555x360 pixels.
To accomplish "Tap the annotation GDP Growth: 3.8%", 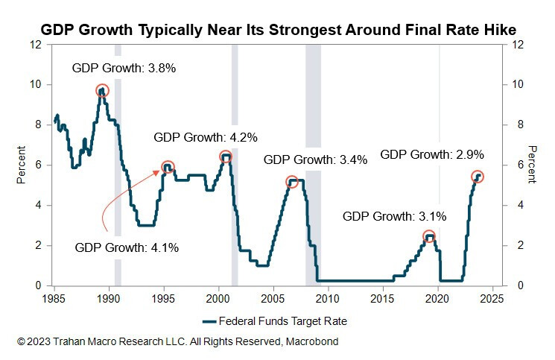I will pos(123,68).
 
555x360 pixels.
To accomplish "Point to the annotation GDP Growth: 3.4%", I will pos(315,160).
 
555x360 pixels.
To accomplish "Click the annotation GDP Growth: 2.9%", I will pos(432,155).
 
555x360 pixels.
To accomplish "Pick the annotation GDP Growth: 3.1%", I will pos(394,216).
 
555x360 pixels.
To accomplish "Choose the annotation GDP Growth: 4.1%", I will pos(127,248).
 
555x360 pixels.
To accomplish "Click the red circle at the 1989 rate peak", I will pos(102,91).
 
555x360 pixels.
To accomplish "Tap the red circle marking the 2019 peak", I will pos(429,236).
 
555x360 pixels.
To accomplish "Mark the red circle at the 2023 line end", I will pos(478,177).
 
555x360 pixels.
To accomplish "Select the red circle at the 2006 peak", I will pos(291,181).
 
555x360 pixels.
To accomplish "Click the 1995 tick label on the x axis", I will pos(164,299).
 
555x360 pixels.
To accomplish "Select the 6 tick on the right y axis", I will pos(513,165).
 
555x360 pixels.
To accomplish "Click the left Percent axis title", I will pos(22,165).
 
